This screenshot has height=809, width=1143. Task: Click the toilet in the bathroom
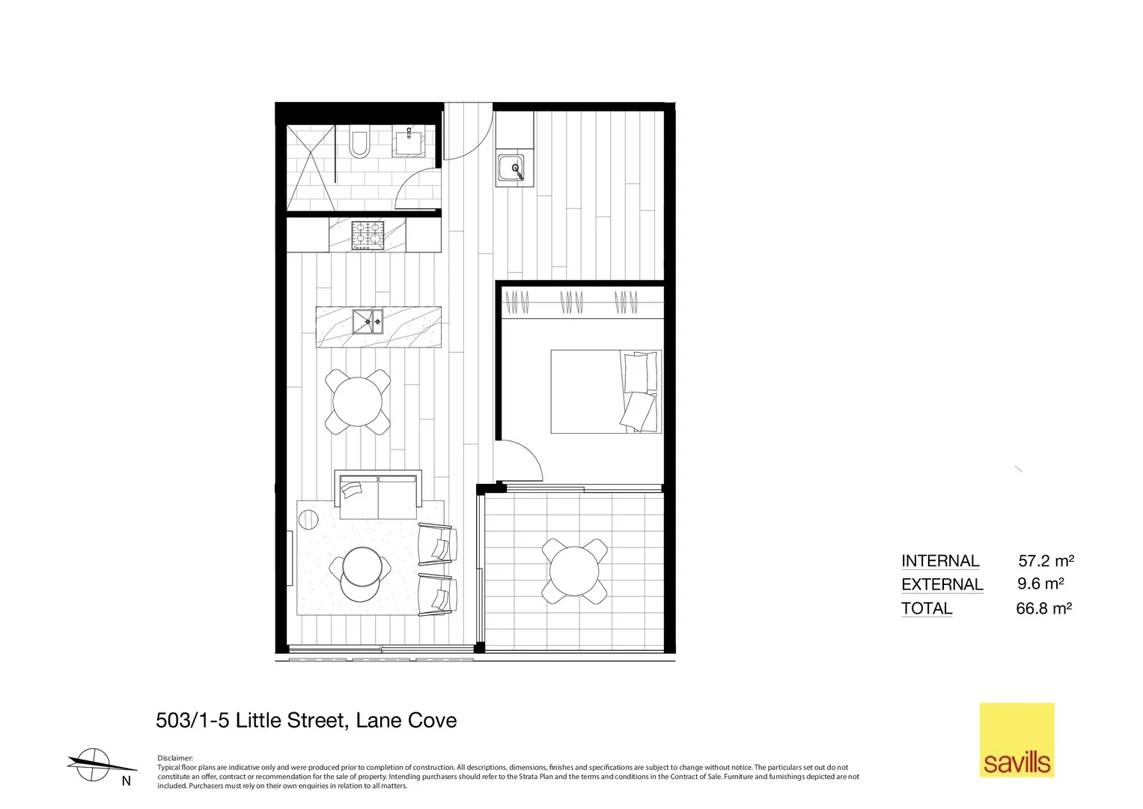[359, 144]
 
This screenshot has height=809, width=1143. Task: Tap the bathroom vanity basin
[409, 140]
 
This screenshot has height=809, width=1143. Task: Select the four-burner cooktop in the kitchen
[368, 234]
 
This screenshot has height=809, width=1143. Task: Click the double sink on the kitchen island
[368, 321]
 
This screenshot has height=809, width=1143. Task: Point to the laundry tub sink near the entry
[511, 169]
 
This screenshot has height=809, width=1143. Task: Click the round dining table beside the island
[358, 402]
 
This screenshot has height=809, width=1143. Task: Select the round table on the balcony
[574, 572]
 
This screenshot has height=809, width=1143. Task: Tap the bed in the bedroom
[606, 391]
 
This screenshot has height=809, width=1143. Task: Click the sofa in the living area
[379, 494]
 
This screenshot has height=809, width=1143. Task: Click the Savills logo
[1016, 739]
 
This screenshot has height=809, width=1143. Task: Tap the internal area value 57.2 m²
[1046, 560]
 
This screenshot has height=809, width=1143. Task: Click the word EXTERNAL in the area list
[942, 584]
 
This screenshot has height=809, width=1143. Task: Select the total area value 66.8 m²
[1043, 608]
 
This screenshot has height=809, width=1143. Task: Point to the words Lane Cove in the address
[406, 721]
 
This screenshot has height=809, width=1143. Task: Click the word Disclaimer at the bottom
[175, 758]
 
